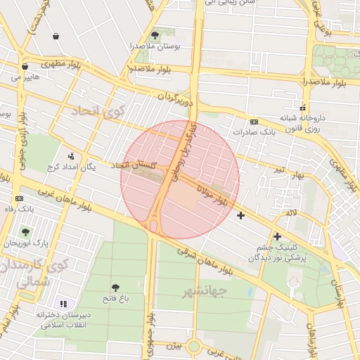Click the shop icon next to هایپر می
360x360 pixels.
click(25, 67)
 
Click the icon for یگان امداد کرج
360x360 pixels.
click(70, 156)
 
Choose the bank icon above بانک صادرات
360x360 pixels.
click(254, 122)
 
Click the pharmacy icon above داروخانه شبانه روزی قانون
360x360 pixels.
click(302, 108)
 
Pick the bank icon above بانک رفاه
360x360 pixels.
click(18, 199)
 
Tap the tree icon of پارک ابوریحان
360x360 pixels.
click(26, 232)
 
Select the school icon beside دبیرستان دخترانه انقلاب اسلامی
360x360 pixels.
click(63, 304)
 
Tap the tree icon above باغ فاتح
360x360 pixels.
click(115, 287)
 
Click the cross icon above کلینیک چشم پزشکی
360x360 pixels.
click(277, 236)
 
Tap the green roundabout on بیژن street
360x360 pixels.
click(193, 347)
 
